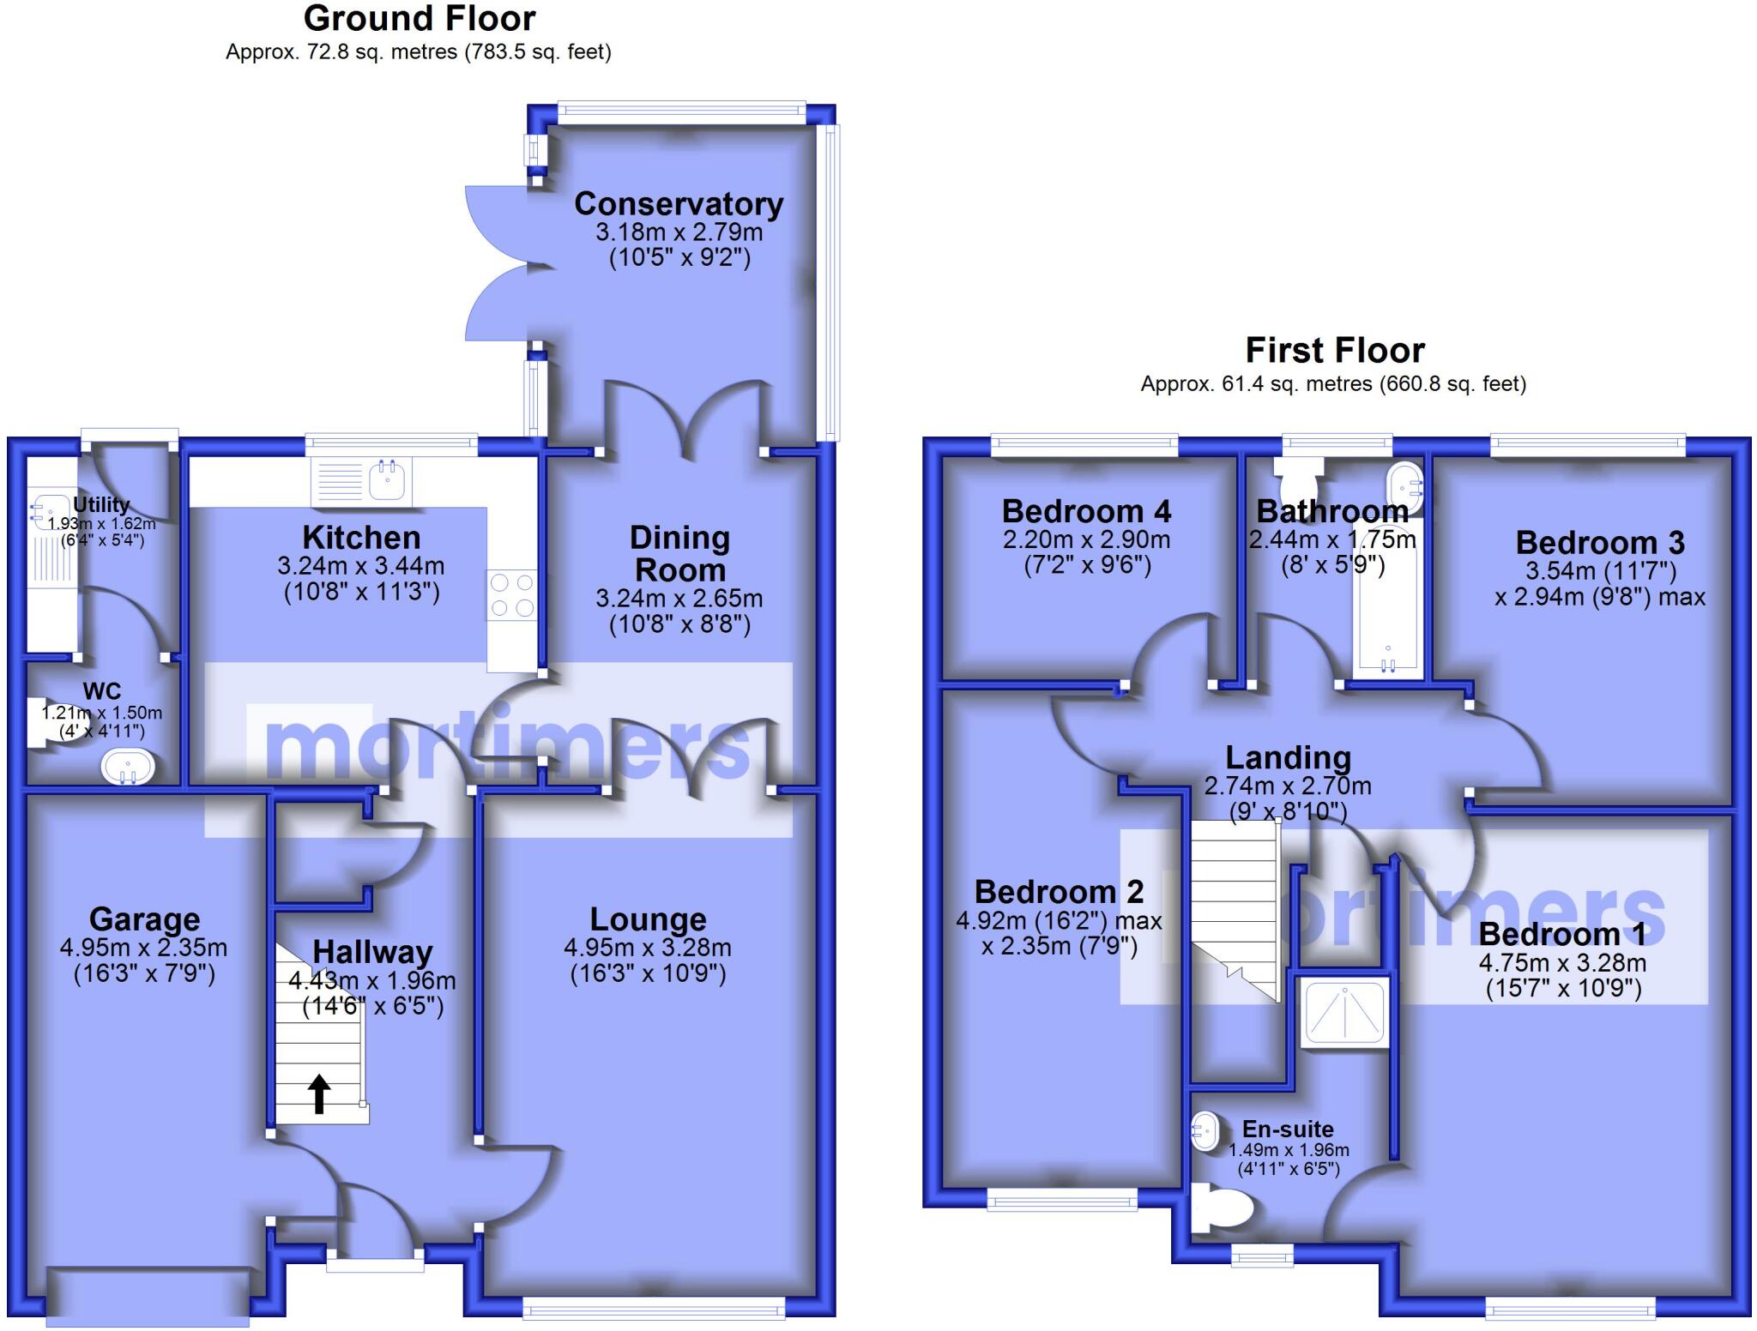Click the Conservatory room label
tap(678, 204)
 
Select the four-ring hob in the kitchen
tap(511, 595)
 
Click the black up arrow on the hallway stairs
tap(319, 1093)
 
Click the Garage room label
tap(144, 919)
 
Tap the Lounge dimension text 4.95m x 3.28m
tap(648, 948)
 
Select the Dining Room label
tap(679, 554)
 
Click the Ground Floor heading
tap(419, 19)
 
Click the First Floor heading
tap(1334, 351)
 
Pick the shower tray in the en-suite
tap(1343, 1015)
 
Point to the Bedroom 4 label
tap(1086, 512)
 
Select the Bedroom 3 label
tap(1599, 543)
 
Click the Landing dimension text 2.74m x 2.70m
tap(1288, 786)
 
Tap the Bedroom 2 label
tap(1059, 892)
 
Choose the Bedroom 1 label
tap(1561, 934)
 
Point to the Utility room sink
tap(45, 512)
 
